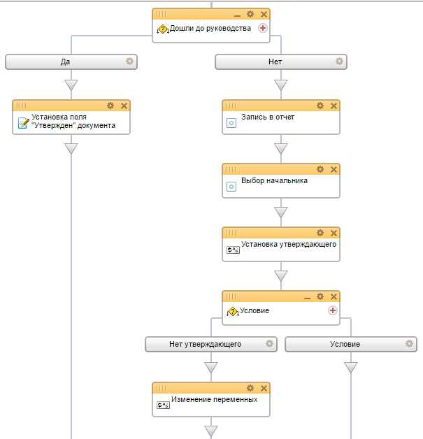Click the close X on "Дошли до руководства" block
point(264,14)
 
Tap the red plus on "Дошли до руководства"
point(263,28)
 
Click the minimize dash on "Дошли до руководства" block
point(237,16)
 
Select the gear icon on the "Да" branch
point(129,62)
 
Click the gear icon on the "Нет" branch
point(339,62)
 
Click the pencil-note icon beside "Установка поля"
point(23,123)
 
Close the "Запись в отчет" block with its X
point(334,106)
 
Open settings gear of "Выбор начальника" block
point(320,169)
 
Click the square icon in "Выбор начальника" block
point(231,187)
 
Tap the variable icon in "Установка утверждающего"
point(233,250)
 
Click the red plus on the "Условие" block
point(333,310)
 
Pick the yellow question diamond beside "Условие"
point(233,311)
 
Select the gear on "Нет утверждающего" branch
point(269,343)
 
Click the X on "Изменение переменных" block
point(264,389)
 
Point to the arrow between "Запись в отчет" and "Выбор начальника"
point(281,149)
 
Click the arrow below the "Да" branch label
point(71,85)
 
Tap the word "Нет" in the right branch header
point(275,62)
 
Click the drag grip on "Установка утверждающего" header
point(231,233)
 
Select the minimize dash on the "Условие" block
point(307,298)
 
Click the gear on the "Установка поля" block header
point(110,106)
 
